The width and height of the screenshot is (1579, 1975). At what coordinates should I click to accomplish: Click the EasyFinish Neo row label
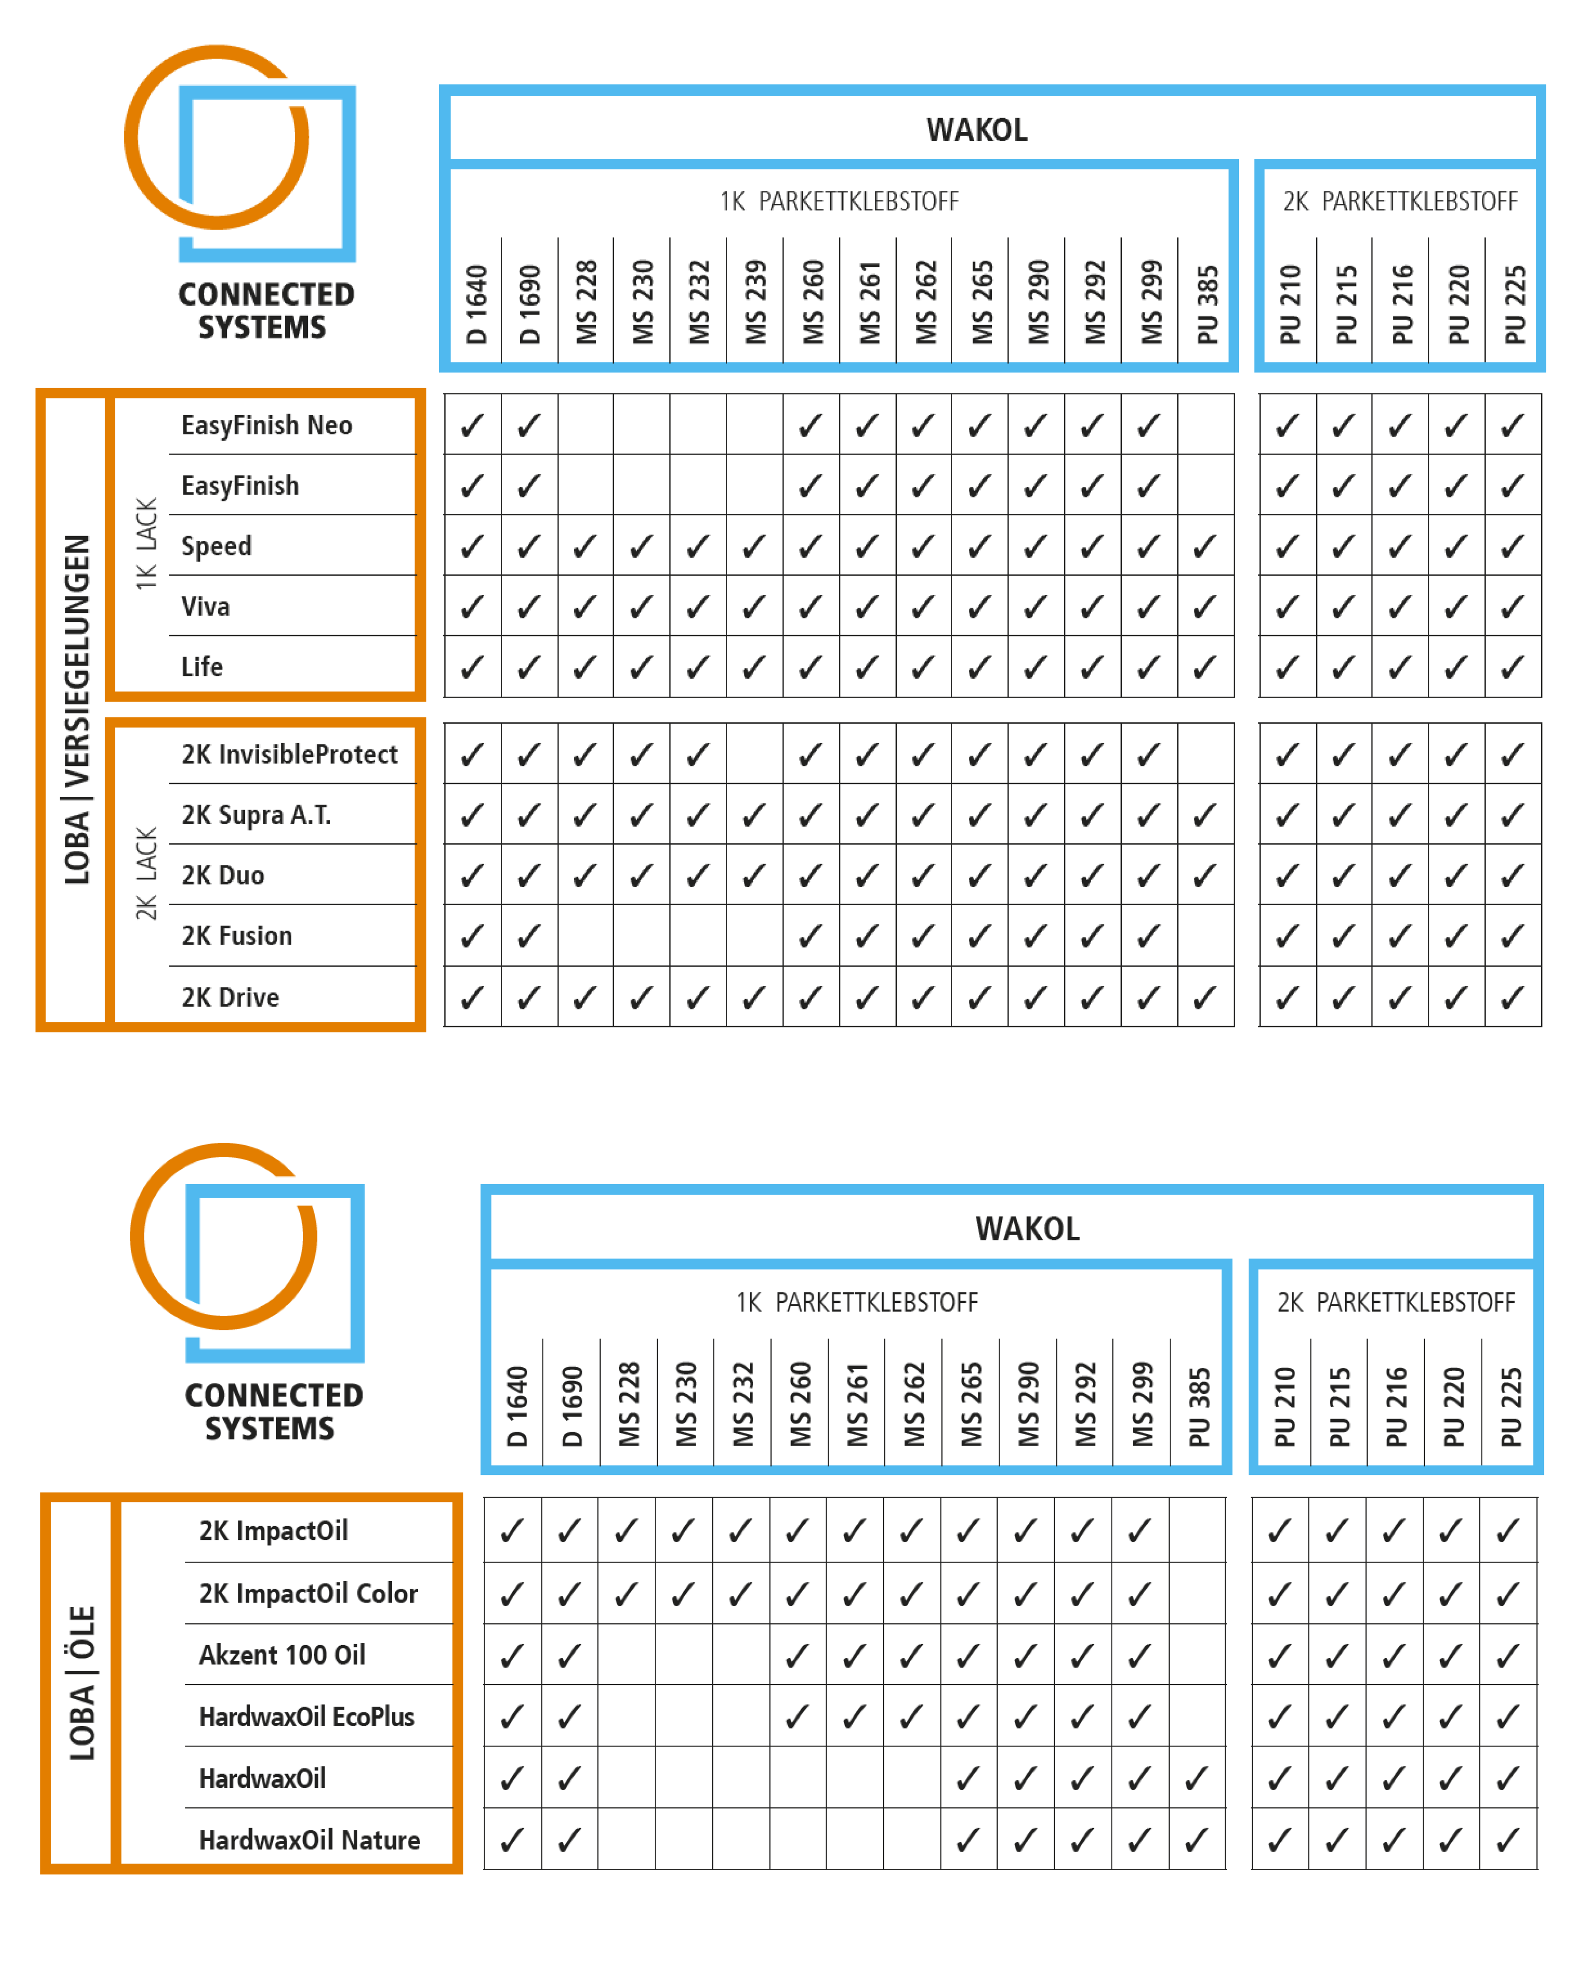267,425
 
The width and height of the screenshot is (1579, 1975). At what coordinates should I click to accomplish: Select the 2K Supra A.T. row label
256,814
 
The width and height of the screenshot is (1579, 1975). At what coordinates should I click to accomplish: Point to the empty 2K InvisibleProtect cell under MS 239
755,754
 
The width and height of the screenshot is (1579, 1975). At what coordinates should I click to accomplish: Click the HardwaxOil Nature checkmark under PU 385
1196,1839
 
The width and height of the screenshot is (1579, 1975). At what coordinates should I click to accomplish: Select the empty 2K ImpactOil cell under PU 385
1196,1530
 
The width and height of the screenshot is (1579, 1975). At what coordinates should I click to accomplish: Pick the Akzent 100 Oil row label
282,1655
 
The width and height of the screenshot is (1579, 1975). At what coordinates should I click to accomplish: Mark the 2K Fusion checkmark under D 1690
529,936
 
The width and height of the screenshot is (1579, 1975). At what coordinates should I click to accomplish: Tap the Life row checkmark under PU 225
1512,667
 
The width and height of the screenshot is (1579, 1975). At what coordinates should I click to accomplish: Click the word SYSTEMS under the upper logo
262,327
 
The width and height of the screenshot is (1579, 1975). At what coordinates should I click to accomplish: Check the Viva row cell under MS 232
698,606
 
